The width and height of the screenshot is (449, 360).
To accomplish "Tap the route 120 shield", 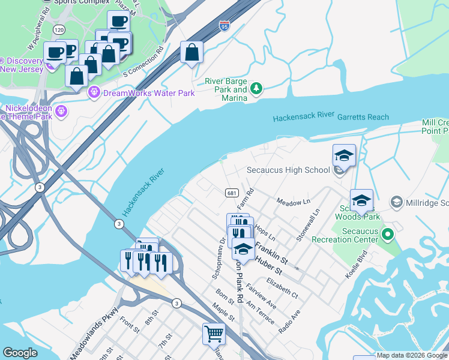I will (x=58, y=29).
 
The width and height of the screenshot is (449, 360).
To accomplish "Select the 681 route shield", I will (x=231, y=193).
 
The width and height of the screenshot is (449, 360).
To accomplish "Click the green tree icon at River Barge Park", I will (x=256, y=89).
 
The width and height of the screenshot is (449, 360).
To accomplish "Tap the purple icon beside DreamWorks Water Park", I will (x=93, y=92).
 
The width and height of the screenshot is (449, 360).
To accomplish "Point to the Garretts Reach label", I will (x=363, y=117).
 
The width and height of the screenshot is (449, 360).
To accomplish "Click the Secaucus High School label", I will (x=288, y=170).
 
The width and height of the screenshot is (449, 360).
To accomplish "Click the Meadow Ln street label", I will (x=292, y=202).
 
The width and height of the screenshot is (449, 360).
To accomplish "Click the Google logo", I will (x=20, y=353).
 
